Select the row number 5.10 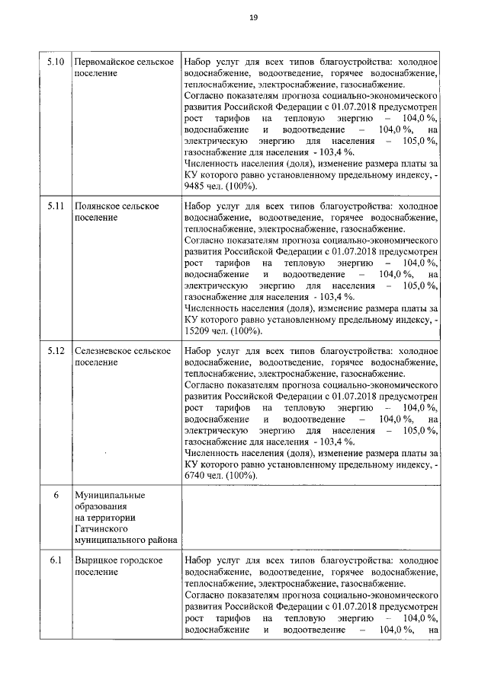pos(55,62)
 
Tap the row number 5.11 pos(55,207)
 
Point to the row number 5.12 pos(55,352)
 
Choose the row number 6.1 pos(55,561)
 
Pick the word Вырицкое pos(95,561)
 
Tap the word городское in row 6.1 pos(141,561)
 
